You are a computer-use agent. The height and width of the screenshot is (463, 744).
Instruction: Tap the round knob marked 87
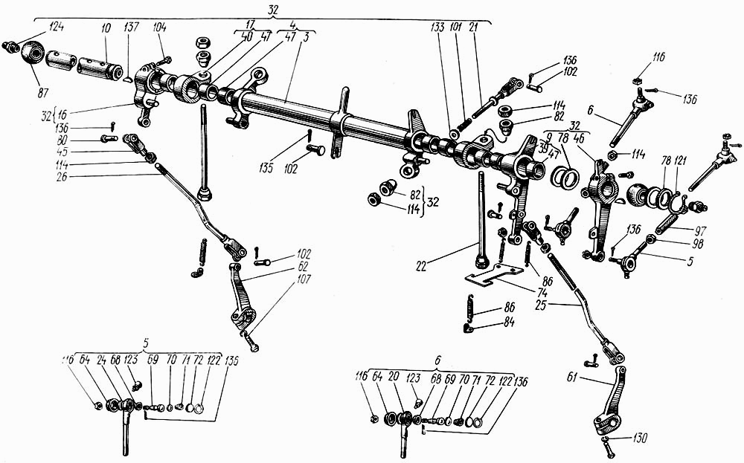click(33, 54)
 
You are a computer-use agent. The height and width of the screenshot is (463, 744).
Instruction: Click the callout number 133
click(437, 27)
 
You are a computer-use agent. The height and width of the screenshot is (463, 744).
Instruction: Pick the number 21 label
click(475, 27)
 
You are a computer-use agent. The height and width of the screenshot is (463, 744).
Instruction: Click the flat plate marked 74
click(491, 278)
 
